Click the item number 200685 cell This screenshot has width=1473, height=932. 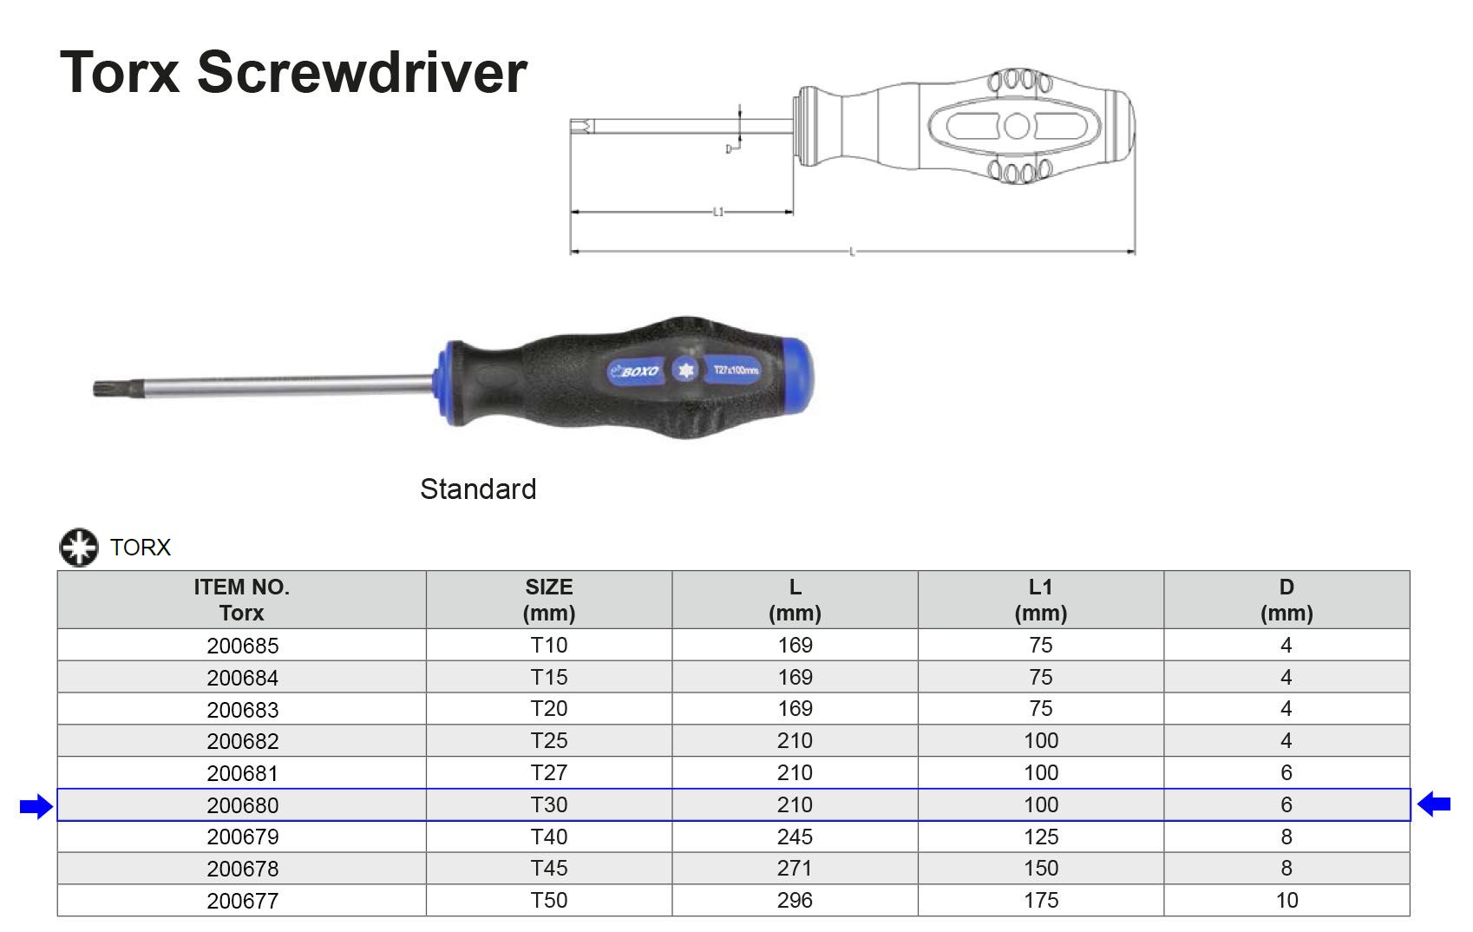pos(242,646)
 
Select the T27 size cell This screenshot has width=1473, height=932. pos(549,772)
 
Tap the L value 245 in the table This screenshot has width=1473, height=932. pos(795,837)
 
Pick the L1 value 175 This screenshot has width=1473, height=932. pos(1041,900)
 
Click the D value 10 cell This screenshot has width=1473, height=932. pos(1286,900)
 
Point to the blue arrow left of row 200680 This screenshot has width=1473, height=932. pos(36,806)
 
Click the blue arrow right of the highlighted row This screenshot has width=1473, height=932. pos(1434,804)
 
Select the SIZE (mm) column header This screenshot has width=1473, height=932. pos(549,600)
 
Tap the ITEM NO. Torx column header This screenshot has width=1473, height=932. pos(242,600)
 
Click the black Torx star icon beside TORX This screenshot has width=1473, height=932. pos(79,548)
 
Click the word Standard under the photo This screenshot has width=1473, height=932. pos(478,489)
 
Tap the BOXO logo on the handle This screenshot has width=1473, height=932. pos(635,371)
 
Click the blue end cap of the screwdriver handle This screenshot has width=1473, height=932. pos(797,375)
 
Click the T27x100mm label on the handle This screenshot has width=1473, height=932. pos(736,370)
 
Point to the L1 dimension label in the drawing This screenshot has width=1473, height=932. pos(718,212)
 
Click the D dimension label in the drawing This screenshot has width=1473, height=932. pos(729,149)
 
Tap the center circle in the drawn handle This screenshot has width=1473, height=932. pos(1017,127)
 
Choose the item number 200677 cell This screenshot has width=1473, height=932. pos(242,901)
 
